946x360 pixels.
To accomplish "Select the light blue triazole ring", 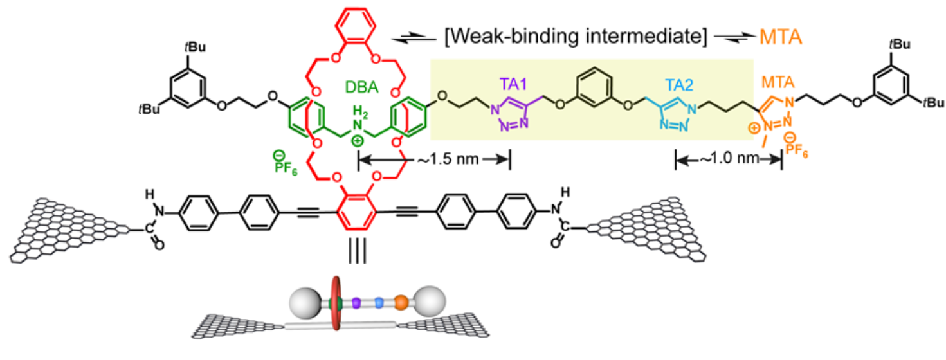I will (x=675, y=114).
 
